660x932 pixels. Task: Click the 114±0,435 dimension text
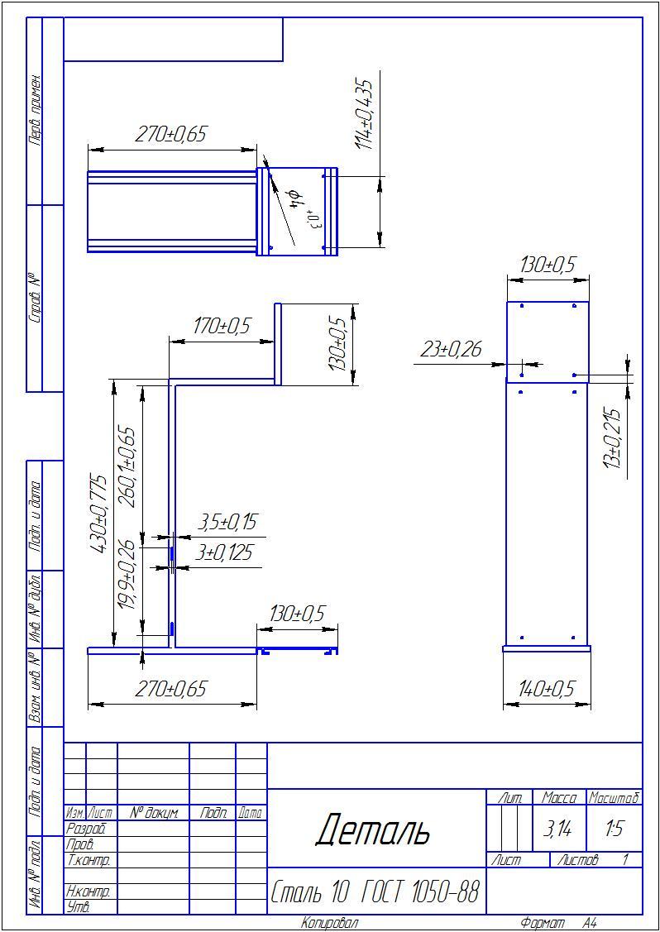tap(365, 113)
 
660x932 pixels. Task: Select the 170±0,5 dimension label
tap(222, 327)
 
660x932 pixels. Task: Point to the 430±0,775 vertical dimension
tap(98, 514)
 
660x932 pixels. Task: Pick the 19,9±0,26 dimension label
tap(127, 575)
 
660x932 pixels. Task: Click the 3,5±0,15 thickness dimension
tap(227, 522)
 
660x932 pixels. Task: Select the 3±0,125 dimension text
tap(223, 552)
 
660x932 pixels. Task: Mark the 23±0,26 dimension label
tap(451, 350)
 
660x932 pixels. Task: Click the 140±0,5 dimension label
tap(547, 689)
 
